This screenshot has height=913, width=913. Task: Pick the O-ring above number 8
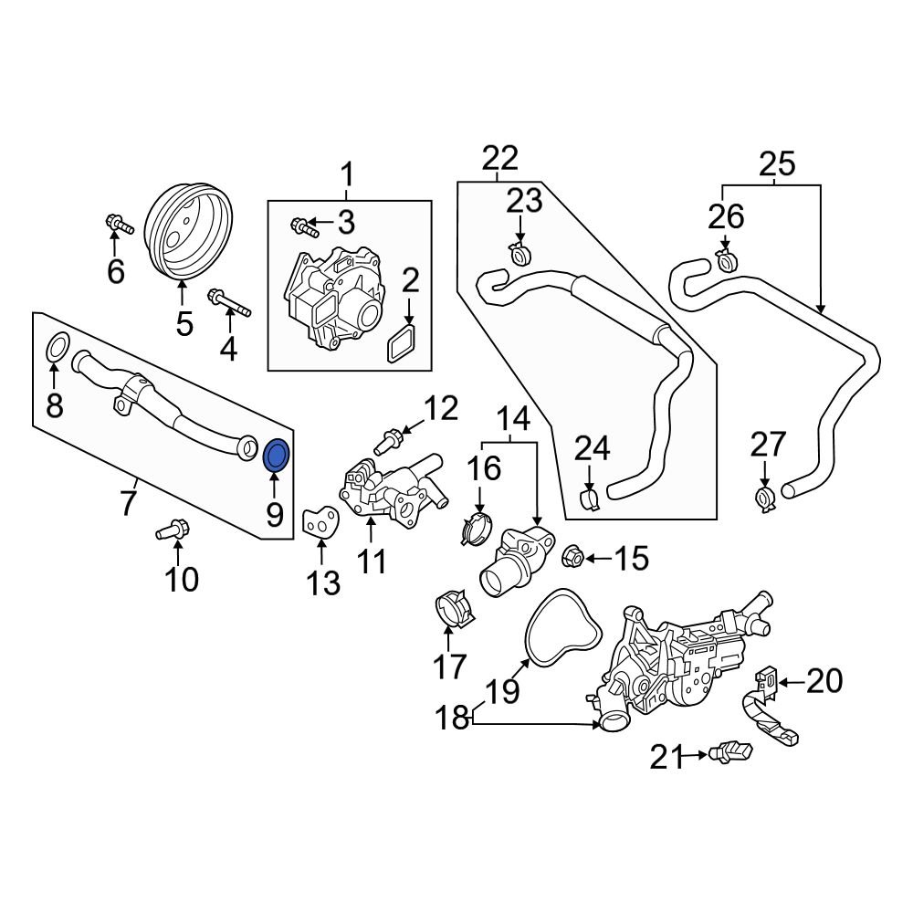click(x=57, y=347)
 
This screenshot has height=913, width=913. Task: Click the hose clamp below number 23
click(x=519, y=253)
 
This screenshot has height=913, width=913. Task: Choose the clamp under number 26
click(x=727, y=260)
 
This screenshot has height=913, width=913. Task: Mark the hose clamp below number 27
click(x=765, y=498)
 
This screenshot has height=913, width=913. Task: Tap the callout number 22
click(x=499, y=158)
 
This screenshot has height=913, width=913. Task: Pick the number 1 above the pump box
click(x=347, y=173)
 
